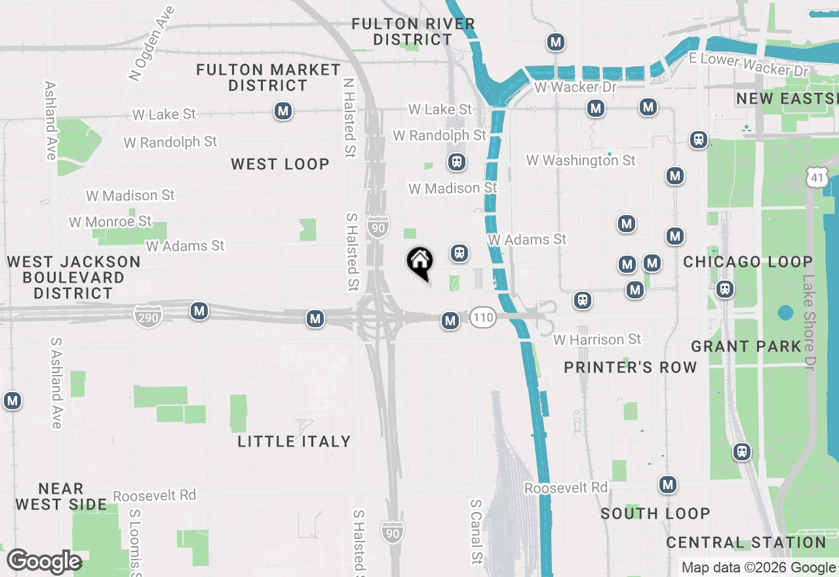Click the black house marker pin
click(420, 262)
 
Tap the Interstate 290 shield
click(148, 317)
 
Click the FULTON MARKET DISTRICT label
click(268, 77)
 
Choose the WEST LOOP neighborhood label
click(280, 165)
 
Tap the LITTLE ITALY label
click(294, 441)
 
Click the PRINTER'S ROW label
click(631, 367)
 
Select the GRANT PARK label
click(747, 346)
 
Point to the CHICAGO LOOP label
click(748, 262)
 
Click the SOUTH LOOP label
click(655, 513)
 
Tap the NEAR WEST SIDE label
click(61, 496)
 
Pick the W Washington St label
click(581, 160)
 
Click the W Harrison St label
click(597, 340)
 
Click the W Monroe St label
click(110, 222)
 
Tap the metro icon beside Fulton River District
click(556, 43)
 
